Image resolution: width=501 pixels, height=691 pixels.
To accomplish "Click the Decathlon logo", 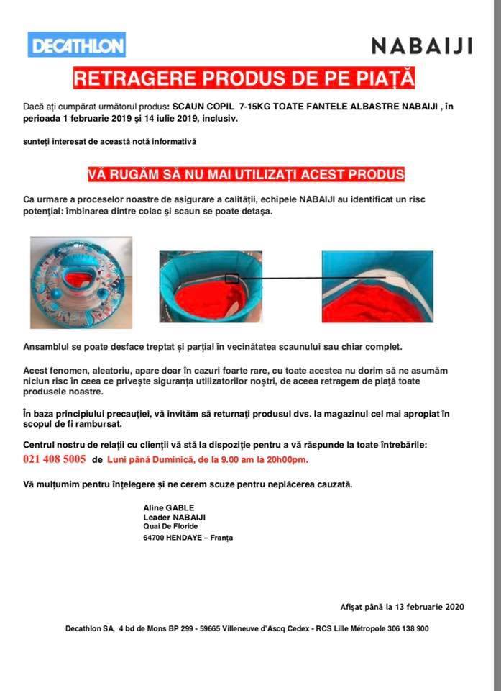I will [x=77, y=45].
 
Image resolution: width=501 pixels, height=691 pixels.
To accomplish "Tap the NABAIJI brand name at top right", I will [x=422, y=46].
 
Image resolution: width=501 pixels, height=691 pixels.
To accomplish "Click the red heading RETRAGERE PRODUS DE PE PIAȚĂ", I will [x=244, y=78].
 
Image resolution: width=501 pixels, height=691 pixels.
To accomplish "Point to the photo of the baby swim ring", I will [x=81, y=272].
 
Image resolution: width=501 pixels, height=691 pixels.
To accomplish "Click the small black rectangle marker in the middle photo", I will [x=231, y=279].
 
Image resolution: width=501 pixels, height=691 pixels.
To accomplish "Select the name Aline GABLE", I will [x=169, y=507].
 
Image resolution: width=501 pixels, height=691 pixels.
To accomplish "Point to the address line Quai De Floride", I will [x=170, y=526].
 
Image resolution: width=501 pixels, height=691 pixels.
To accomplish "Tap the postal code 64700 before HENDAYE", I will [x=155, y=538].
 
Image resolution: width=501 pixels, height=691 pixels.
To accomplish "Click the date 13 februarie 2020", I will [x=424, y=607].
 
